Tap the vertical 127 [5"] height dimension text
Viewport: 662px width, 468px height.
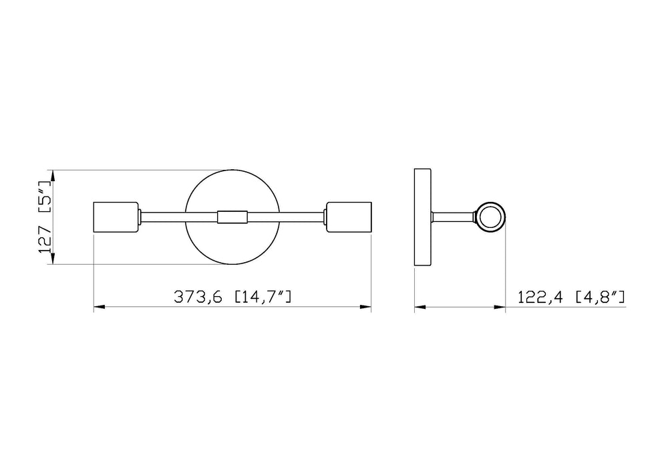[45, 217]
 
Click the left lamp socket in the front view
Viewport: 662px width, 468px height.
[116, 217]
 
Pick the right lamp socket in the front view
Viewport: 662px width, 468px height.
[349, 217]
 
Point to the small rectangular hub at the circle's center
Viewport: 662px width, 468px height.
[232, 217]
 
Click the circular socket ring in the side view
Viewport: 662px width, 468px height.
[490, 217]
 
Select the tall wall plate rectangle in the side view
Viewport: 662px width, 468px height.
[423, 217]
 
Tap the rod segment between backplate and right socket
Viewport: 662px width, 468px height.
[284, 217]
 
